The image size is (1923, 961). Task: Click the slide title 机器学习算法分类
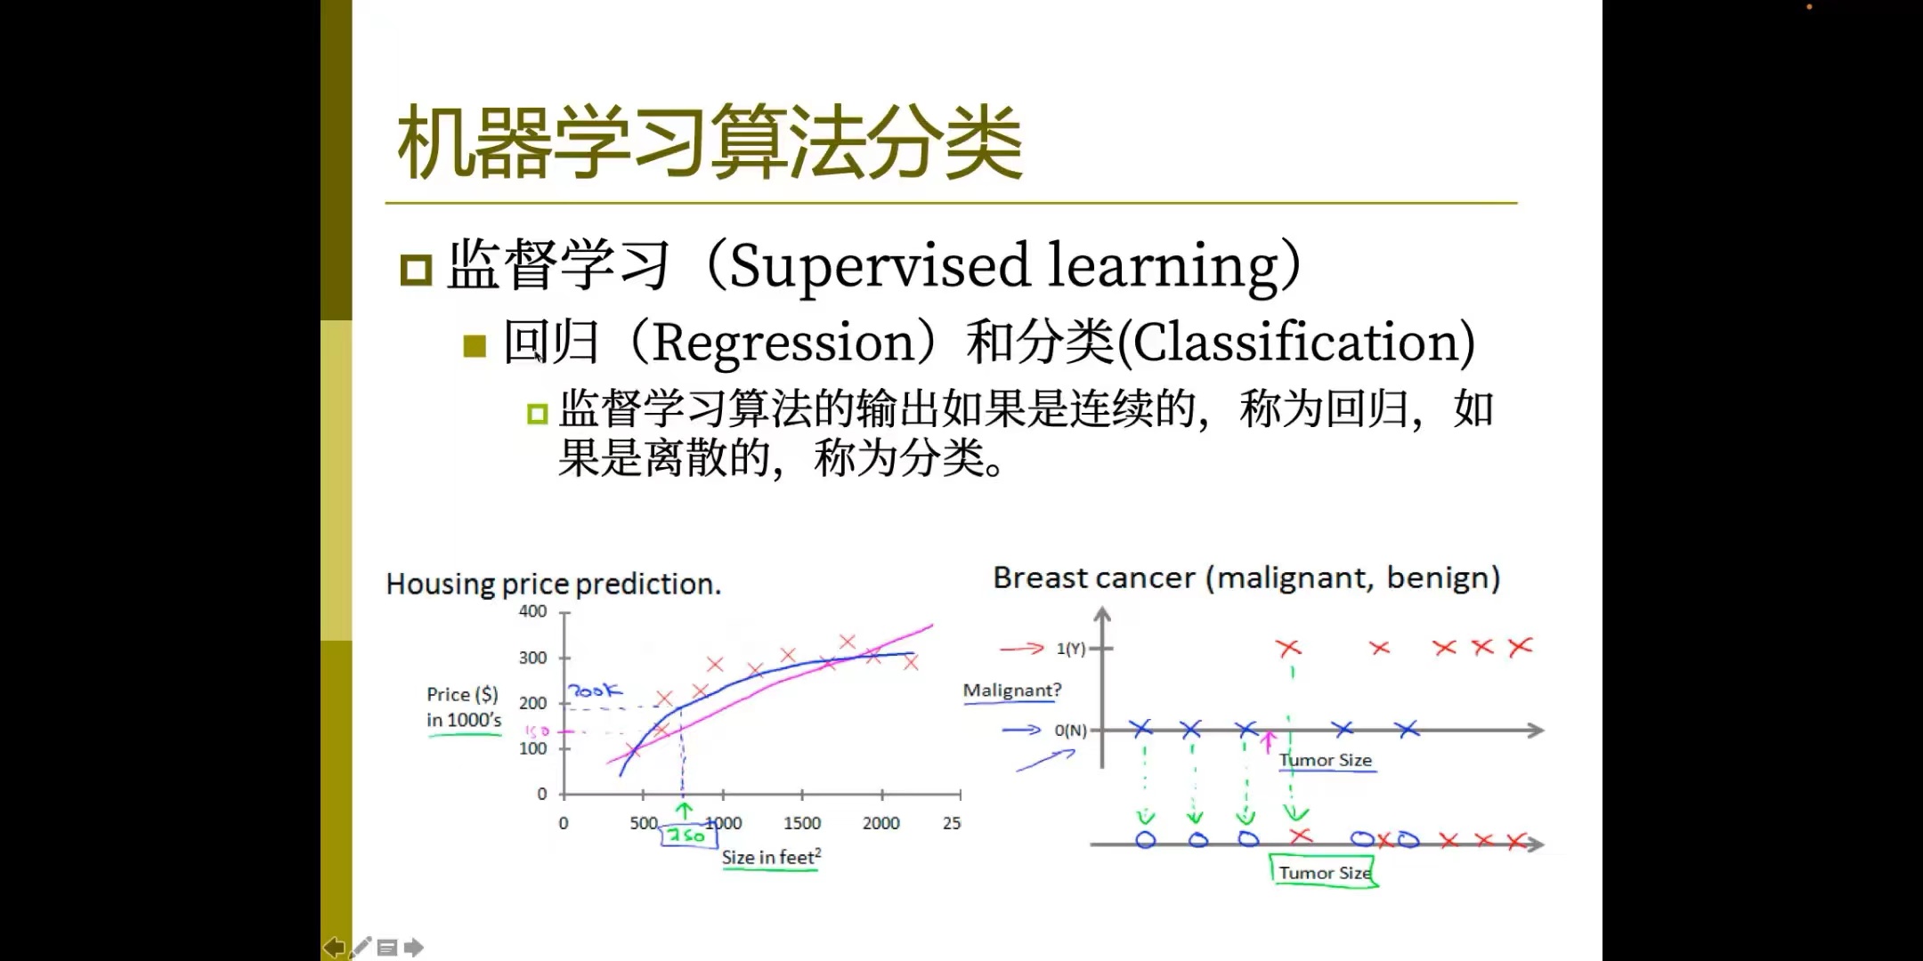pos(710,141)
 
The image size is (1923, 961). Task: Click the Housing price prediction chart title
pos(554,584)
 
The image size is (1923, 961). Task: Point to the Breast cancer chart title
pos(1246,578)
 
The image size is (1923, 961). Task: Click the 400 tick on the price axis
pos(532,611)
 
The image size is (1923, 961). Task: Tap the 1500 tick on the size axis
pos(802,823)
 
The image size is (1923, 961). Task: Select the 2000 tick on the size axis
pos(881,823)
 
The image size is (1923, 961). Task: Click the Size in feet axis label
pos(771,857)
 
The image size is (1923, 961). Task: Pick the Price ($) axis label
pos(462,694)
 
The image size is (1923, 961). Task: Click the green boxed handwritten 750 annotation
pos(689,835)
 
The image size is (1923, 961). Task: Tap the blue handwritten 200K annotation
pos(595,690)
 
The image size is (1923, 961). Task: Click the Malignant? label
pos(1012,690)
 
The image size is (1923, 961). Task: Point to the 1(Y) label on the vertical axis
pos(1071,649)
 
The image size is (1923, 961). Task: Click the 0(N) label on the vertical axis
pos(1070,731)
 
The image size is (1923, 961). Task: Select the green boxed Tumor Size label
pos(1325,872)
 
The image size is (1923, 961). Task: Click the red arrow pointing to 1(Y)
pos(1021,649)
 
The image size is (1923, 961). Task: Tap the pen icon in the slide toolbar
pos(361,948)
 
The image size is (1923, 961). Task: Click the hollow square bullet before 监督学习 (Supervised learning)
pos(416,269)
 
